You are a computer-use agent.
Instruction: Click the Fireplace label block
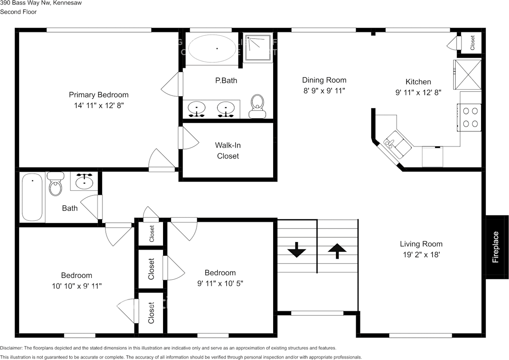click(496, 247)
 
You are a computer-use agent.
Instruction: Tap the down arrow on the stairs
click(296, 252)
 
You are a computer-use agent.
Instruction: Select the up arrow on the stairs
click(337, 251)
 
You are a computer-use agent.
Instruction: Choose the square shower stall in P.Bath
click(258, 47)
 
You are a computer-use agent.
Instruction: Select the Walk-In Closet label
click(228, 151)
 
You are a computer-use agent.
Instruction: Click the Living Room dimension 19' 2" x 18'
click(421, 254)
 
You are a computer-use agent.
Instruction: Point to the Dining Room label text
click(324, 80)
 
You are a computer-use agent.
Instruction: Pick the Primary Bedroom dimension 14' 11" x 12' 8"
click(99, 105)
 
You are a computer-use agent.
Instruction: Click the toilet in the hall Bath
click(56, 184)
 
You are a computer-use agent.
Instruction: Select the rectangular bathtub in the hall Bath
click(32, 197)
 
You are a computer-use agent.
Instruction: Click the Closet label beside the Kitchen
click(472, 43)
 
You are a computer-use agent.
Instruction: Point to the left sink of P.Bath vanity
click(196, 108)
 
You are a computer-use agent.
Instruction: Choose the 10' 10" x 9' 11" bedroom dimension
click(76, 286)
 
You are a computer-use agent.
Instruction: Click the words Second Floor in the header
click(18, 12)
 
